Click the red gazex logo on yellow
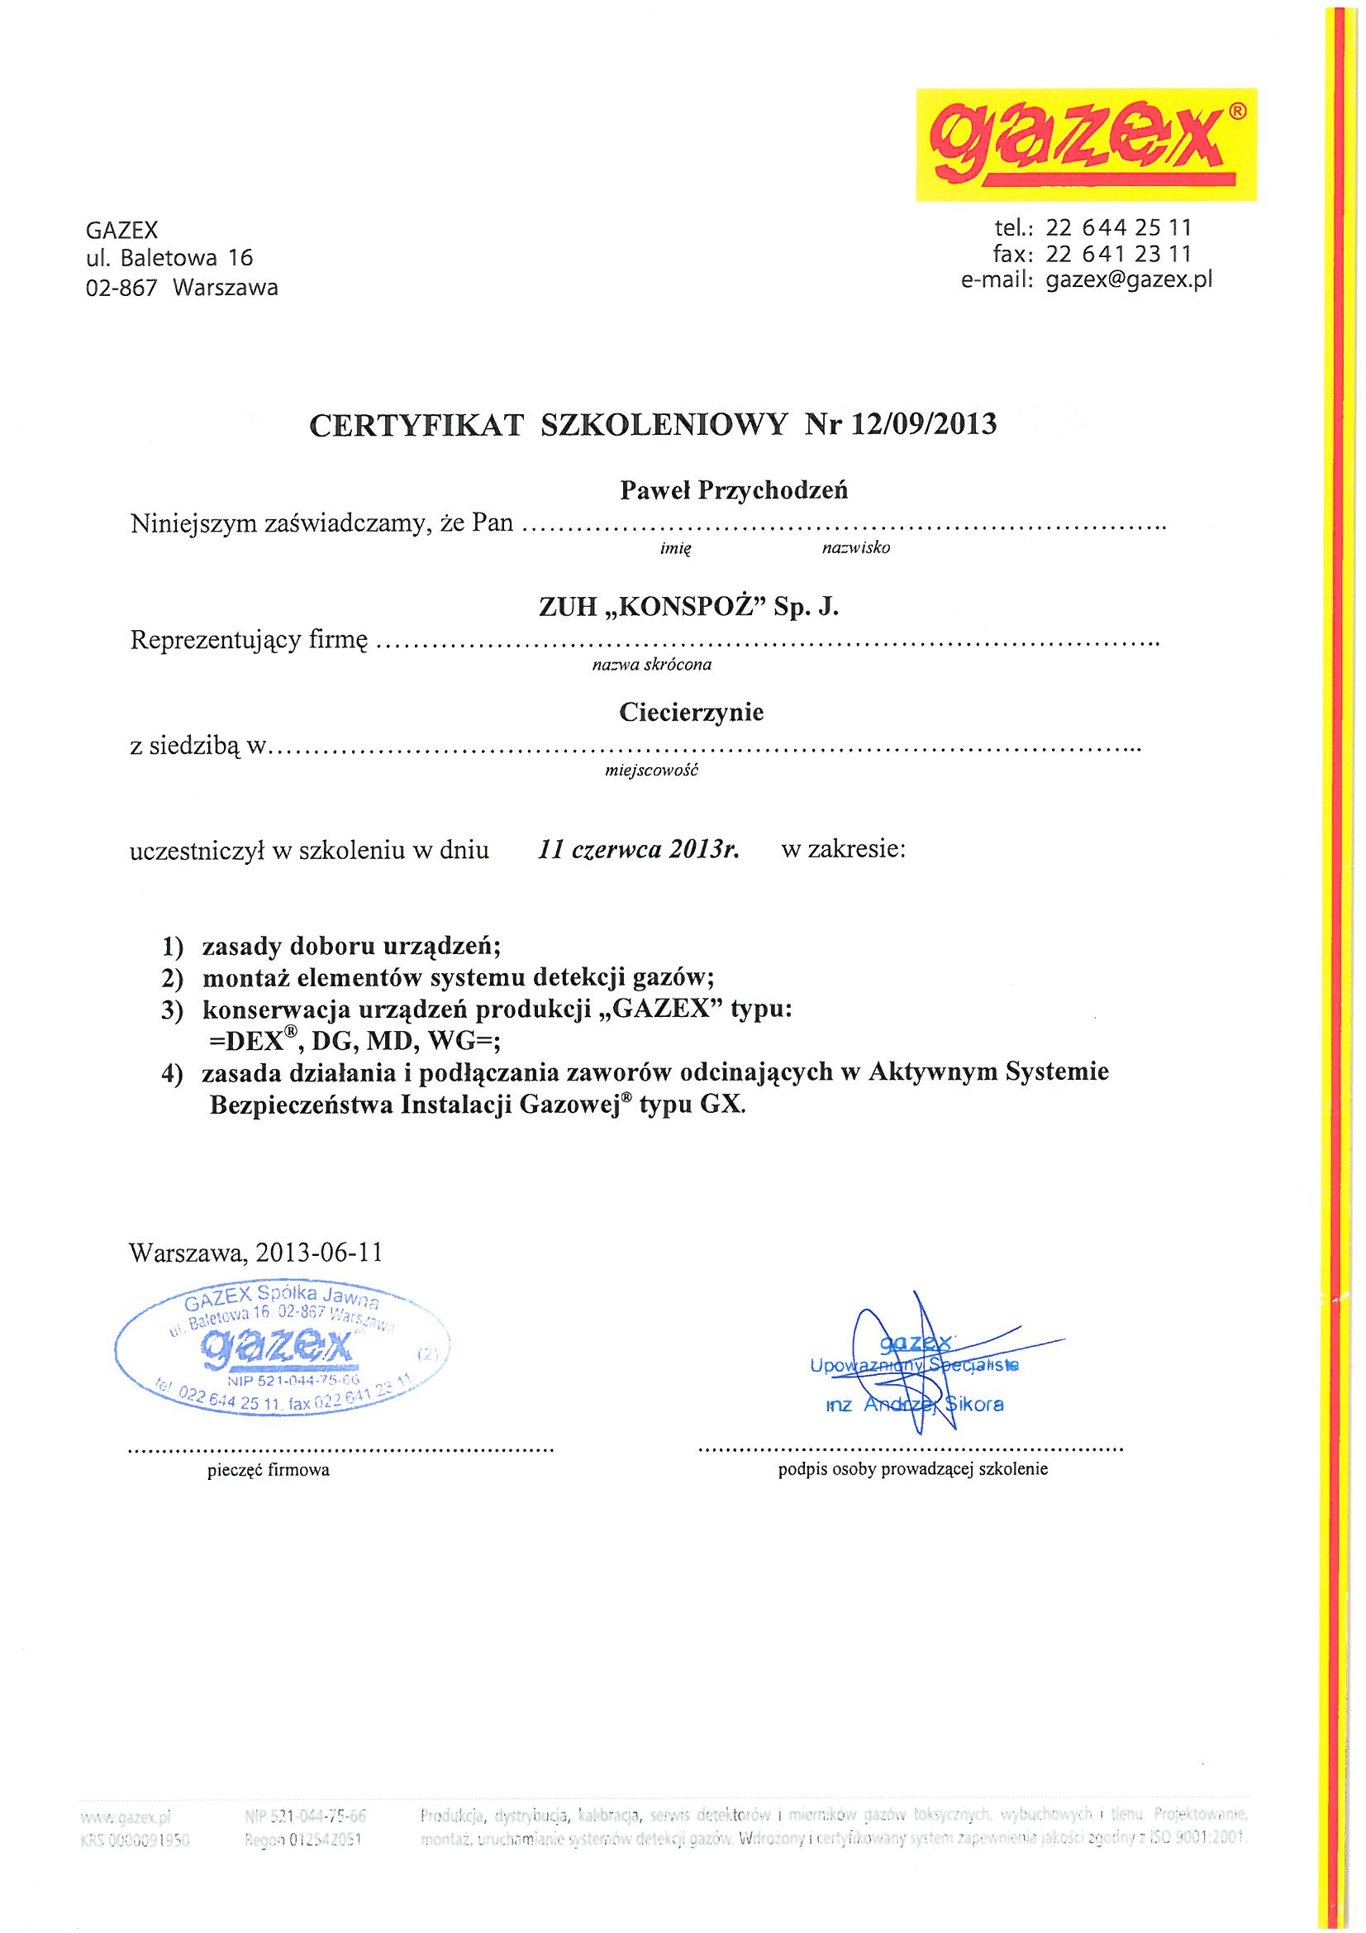click(1086, 144)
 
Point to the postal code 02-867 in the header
click(122, 288)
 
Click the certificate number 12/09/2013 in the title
click(923, 423)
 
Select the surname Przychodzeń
click(773, 491)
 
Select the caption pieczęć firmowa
click(269, 1471)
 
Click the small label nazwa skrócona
click(652, 665)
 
